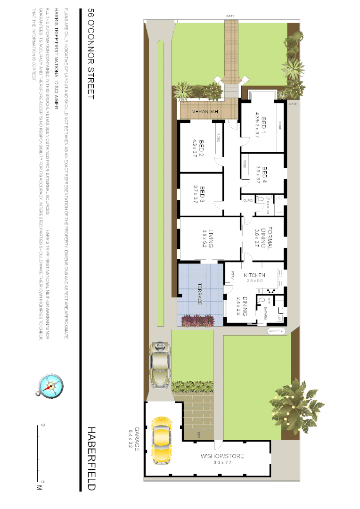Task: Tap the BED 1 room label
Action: pos(264,123)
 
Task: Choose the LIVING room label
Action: pos(211,238)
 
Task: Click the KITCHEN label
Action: pos(254,275)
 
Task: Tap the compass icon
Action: pos(49,386)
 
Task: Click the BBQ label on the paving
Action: pos(199,433)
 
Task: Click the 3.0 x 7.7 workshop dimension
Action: pos(222,463)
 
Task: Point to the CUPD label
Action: pos(248,200)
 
